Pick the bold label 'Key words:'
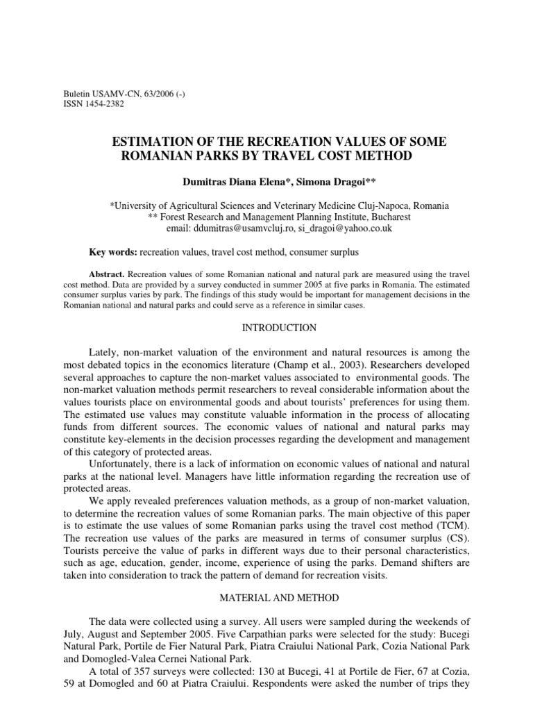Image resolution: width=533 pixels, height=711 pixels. pyautogui.click(x=108, y=251)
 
